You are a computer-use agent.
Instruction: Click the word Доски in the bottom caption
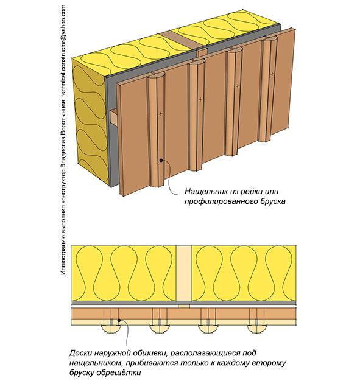(x=79, y=353)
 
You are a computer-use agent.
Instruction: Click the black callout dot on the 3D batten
(x=161, y=160)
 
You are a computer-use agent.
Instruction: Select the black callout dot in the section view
(x=119, y=320)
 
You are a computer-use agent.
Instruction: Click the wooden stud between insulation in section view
(x=183, y=273)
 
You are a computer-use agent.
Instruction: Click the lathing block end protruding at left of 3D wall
(x=114, y=117)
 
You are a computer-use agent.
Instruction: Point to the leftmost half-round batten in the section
(x=111, y=329)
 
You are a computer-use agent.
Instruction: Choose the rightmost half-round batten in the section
(x=256, y=329)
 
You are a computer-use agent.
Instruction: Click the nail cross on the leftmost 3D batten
(x=161, y=113)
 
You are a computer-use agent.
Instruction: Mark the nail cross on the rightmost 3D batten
(x=272, y=74)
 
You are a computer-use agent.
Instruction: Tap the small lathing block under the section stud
(x=184, y=306)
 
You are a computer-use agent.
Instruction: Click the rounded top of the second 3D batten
(x=197, y=63)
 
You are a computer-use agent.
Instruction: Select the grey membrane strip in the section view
(x=184, y=303)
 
